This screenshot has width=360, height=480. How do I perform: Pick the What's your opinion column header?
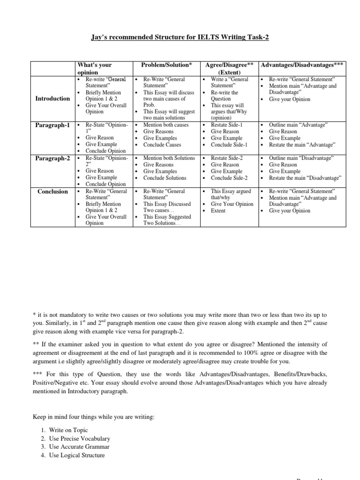94,68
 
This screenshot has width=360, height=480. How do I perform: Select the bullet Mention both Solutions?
169,158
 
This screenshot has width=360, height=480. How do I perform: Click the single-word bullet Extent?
218,210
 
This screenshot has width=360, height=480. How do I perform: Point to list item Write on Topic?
68,430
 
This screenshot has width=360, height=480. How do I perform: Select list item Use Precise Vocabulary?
79,438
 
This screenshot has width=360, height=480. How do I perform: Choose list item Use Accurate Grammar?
76,447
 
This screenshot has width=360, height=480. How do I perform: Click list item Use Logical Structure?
76,455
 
